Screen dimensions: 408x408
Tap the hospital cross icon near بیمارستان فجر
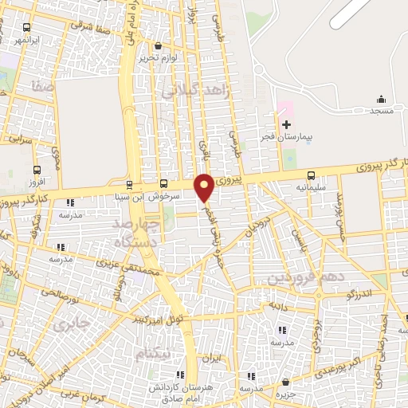286,124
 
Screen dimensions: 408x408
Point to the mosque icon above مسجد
381,100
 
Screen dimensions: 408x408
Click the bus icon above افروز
37,170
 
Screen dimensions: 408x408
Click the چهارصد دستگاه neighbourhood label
127,229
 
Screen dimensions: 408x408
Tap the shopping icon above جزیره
285,382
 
